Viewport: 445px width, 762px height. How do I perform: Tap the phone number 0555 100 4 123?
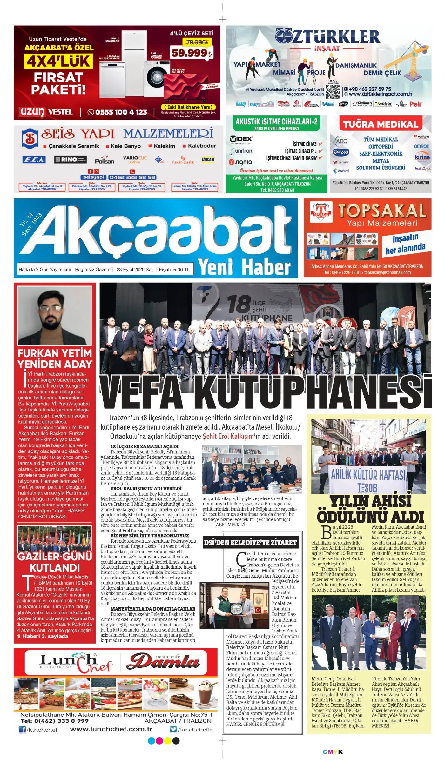pyautogui.click(x=118, y=112)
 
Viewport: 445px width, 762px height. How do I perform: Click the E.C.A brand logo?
pyautogui.click(x=34, y=159)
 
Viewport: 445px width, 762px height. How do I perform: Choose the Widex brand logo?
pyautogui.click(x=241, y=139)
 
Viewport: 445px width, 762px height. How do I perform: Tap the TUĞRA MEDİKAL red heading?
pyautogui.click(x=381, y=124)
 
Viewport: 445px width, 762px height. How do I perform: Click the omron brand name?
pyautogui.click(x=421, y=146)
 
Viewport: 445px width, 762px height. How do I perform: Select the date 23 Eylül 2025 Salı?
pyautogui.click(x=135, y=270)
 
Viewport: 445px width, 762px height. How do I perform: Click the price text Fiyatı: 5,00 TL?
pyautogui.click(x=174, y=270)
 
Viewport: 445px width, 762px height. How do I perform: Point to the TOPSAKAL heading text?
pyautogui.click(x=382, y=211)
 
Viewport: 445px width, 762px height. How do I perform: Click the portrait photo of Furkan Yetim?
pyautogui.click(x=54, y=315)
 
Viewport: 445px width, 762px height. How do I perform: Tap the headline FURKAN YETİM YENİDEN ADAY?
pyautogui.click(x=55, y=358)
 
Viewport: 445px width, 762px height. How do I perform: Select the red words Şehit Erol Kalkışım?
pyautogui.click(x=228, y=436)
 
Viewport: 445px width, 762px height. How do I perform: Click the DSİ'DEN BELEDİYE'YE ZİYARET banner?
pyautogui.click(x=250, y=543)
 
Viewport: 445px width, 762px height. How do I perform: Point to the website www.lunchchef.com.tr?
pyautogui.click(x=111, y=729)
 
